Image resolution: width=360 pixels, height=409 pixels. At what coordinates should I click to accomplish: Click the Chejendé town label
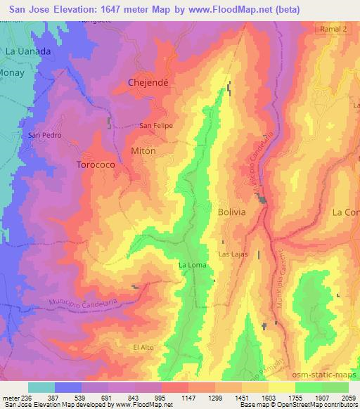pos(147,82)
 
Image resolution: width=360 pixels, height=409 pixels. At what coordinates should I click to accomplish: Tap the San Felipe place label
pos(155,126)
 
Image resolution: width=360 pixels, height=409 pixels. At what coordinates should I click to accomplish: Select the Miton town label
pos(143,150)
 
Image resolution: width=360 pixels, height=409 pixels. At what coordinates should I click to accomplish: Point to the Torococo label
pos(95,164)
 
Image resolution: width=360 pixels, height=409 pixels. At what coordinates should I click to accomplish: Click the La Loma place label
pos(191,265)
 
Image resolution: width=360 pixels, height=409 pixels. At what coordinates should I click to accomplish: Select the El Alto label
pos(143,347)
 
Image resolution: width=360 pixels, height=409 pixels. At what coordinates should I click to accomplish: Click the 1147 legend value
pos(188,398)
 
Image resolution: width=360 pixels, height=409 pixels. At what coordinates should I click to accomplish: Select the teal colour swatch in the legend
pos(41,387)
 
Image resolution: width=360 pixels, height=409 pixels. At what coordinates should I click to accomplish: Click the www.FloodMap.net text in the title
pos(227,10)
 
